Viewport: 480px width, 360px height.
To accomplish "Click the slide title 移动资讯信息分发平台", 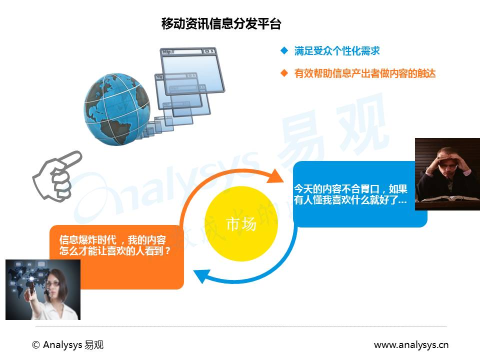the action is (221, 23).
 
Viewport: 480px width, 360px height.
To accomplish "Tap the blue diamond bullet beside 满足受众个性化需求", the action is (284, 51).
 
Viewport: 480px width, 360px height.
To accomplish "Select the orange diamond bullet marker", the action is (284, 73).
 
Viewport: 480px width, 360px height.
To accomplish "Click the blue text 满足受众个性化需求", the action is (337, 51).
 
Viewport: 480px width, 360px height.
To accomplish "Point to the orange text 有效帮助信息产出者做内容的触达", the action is (365, 73).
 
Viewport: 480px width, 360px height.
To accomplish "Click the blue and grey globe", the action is (117, 109).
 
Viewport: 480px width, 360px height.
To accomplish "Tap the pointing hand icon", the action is (57, 176).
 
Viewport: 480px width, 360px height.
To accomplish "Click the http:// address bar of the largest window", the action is (182, 51).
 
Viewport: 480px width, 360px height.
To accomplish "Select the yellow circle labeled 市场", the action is (241, 224).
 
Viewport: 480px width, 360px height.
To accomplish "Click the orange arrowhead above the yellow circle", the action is (275, 176).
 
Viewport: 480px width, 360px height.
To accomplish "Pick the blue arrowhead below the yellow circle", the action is (202, 275).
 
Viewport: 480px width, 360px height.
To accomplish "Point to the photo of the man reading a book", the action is (447, 174).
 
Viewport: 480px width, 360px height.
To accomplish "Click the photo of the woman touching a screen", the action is (43, 289).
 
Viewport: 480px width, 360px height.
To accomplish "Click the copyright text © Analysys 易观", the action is (67, 345).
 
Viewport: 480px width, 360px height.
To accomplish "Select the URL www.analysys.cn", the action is (411, 345).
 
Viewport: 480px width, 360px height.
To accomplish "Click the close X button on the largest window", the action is (212, 51).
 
